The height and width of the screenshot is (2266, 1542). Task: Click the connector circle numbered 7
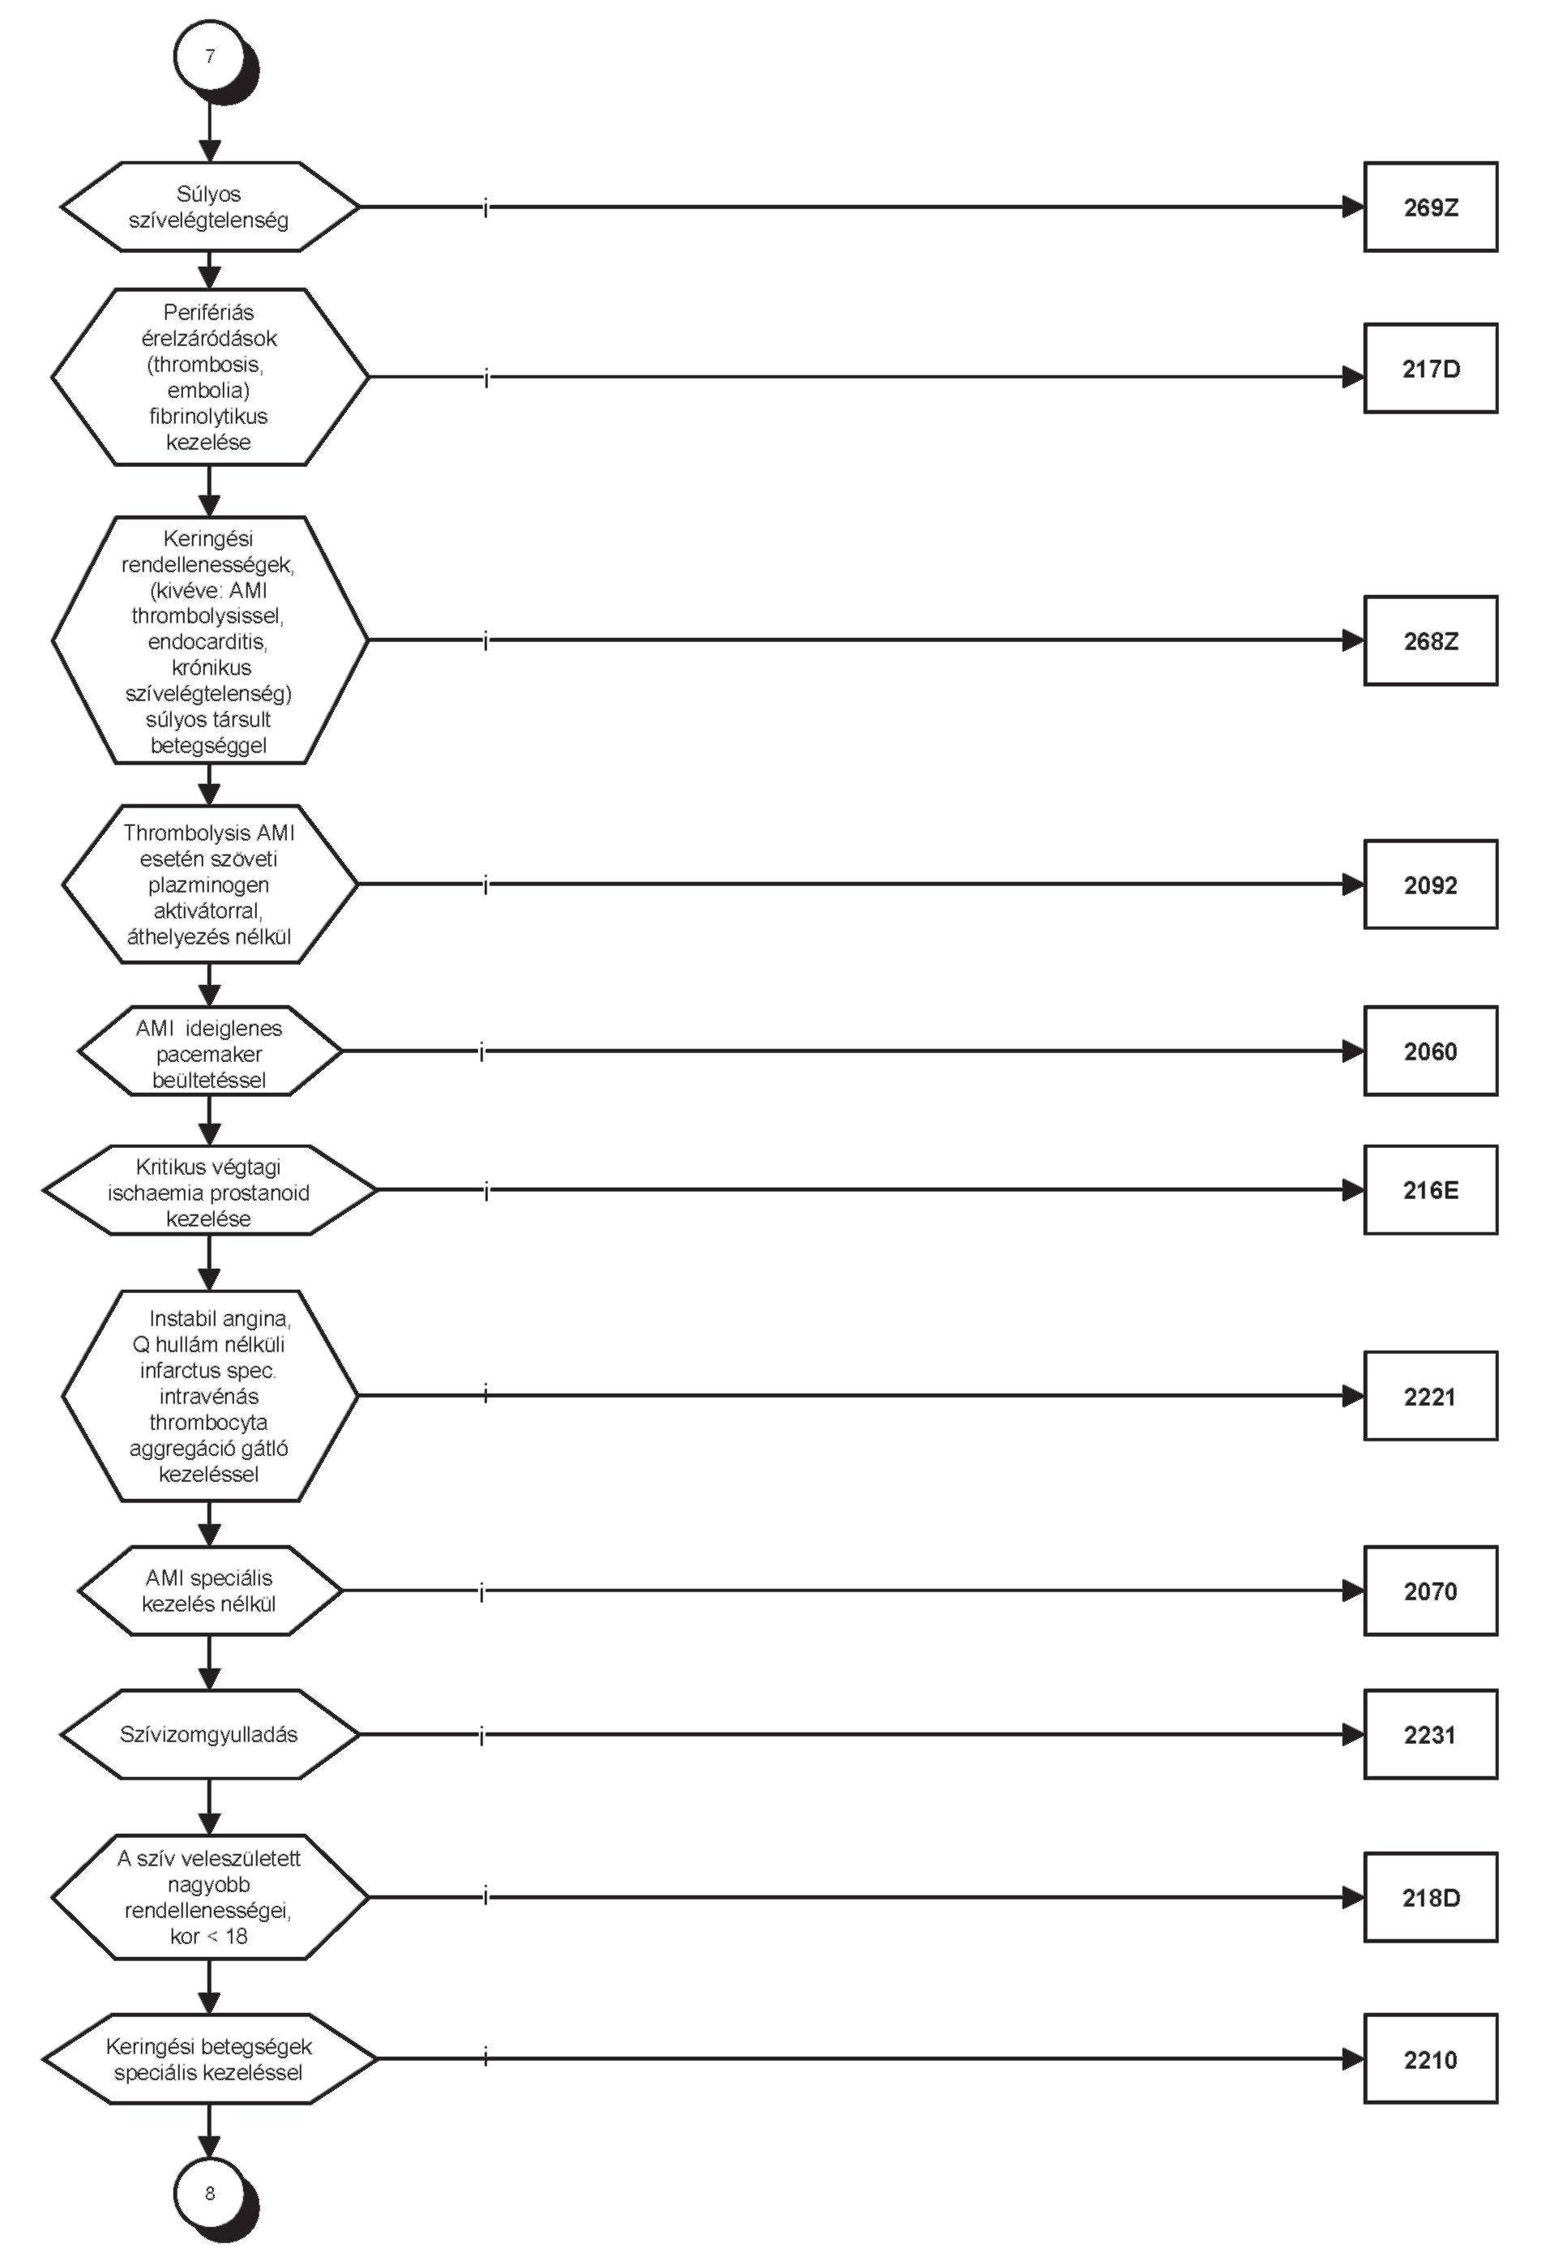[x=210, y=57]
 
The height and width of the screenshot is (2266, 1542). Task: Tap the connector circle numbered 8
[x=210, y=2193]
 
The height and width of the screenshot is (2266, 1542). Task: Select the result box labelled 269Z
[x=1430, y=207]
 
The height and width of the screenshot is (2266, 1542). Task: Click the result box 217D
[x=1430, y=369]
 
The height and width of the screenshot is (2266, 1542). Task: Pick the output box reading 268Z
[x=1430, y=640]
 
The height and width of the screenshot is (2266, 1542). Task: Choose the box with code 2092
[x=1430, y=885]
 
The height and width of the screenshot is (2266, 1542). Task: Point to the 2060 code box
[x=1430, y=1051]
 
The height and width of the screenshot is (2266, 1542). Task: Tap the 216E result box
[x=1430, y=1189]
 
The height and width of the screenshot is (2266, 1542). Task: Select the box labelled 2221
[x=1430, y=1396]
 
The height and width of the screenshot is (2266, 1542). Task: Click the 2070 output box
[x=1430, y=1591]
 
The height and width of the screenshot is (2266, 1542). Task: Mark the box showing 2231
[x=1430, y=1735]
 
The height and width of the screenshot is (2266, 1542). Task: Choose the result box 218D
[x=1430, y=1897]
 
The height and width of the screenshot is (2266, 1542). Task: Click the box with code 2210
[x=1430, y=2059]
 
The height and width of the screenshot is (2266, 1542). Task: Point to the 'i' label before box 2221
[x=486, y=1395]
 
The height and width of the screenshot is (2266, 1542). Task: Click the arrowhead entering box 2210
[x=1353, y=2059]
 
